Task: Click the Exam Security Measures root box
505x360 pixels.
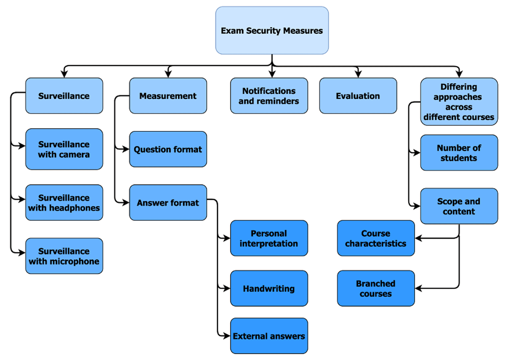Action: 272,30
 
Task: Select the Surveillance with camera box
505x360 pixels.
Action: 64,149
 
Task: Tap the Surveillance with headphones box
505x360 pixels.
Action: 64,203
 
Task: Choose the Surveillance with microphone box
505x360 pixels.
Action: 64,256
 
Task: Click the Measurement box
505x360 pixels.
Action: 168,96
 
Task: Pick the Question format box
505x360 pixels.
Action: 168,149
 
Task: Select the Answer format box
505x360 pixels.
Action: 168,203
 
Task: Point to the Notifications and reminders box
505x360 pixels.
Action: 269,96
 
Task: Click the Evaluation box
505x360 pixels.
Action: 358,96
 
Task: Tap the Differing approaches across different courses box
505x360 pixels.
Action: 459,102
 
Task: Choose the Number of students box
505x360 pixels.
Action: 459,153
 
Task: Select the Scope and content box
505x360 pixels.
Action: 459,206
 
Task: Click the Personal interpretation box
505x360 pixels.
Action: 269,238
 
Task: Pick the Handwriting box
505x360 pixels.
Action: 269,289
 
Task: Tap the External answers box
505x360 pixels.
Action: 269,336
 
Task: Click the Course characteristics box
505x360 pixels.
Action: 376,238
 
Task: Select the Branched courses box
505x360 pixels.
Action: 376,289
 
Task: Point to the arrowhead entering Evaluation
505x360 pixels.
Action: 358,74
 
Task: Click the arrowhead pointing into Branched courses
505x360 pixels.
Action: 419,289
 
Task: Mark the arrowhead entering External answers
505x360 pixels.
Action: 226,336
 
